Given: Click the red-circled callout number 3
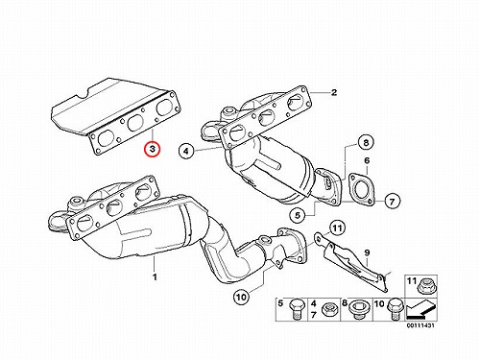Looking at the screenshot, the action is tap(153, 149).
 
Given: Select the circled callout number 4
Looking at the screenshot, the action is tap(187, 151).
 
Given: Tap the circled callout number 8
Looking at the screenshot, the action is tap(366, 142).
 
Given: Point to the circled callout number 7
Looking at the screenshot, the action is tap(392, 201).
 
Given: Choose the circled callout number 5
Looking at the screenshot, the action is tap(298, 215).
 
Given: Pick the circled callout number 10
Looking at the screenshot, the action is tap(241, 298).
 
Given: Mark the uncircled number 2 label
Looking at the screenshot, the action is tap(334, 92).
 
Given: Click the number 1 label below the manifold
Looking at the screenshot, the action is tap(155, 276).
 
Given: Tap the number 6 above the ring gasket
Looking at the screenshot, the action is tap(367, 160).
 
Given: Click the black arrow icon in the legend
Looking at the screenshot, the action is tap(420, 309).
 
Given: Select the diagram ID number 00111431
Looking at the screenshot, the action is tap(420, 325).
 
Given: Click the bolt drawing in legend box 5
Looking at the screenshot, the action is tap(295, 310).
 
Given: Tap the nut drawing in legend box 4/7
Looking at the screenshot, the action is tap(328, 309).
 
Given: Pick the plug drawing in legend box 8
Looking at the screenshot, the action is tap(359, 309).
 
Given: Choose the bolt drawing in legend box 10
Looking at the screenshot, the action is tap(394, 309).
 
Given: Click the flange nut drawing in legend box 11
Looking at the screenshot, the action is tap(425, 285).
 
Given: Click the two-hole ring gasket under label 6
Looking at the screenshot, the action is tap(361, 189).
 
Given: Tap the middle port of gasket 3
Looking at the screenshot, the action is tap(135, 123).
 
